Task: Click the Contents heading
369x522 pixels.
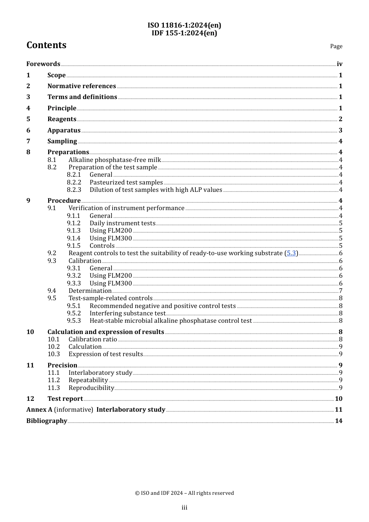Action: point(46,45)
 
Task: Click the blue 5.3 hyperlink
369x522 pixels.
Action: point(291,253)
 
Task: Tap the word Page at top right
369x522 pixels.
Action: point(336,46)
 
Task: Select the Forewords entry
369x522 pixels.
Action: point(43,64)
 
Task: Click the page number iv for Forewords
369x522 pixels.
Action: point(339,64)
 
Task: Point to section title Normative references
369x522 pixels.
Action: point(82,86)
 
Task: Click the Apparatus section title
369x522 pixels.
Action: point(64,130)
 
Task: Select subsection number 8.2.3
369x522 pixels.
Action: point(74,190)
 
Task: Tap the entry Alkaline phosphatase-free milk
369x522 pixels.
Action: point(115,160)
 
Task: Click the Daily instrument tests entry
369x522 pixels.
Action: point(122,223)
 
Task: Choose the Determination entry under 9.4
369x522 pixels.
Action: point(90,291)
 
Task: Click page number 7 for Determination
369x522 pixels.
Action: point(341,291)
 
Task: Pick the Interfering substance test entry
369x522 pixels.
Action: point(127,313)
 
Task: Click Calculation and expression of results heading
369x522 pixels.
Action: point(106,332)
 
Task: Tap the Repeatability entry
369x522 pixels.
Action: point(88,380)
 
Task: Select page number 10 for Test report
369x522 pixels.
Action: point(338,399)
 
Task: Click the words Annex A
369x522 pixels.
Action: point(39,410)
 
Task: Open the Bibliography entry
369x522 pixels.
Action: point(47,421)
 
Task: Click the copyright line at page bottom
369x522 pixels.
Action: point(184,493)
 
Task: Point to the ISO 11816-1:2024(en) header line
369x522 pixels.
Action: point(184,25)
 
